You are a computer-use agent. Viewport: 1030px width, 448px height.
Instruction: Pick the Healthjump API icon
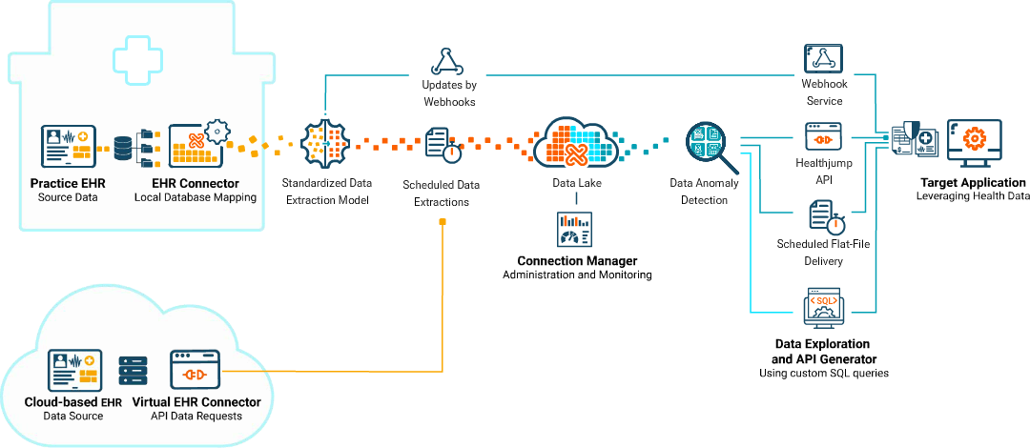click(822, 136)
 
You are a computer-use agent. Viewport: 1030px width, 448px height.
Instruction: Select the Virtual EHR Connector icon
click(196, 369)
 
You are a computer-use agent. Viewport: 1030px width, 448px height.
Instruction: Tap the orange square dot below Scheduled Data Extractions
click(443, 222)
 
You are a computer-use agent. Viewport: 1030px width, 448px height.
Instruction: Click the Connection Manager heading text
click(577, 260)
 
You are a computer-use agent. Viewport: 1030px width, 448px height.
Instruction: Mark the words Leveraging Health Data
click(973, 196)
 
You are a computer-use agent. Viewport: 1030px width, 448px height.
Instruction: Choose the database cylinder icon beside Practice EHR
click(123, 148)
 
